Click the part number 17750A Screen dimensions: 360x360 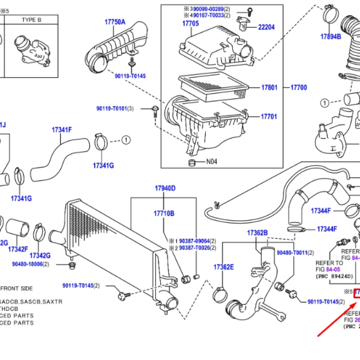click(x=115, y=22)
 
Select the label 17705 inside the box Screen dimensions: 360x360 click(x=190, y=23)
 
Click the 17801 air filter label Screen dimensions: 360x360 click(x=269, y=88)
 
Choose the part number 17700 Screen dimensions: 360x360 click(x=299, y=88)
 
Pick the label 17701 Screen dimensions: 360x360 click(x=269, y=116)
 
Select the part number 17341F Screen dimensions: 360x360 click(x=62, y=130)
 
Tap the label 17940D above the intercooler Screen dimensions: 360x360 click(x=165, y=188)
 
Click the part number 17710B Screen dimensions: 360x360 click(x=164, y=213)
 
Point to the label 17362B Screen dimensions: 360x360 click(x=257, y=233)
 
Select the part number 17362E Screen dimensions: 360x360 click(x=224, y=267)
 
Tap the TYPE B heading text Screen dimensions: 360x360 click(x=31, y=19)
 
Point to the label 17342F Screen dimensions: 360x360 click(x=18, y=249)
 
